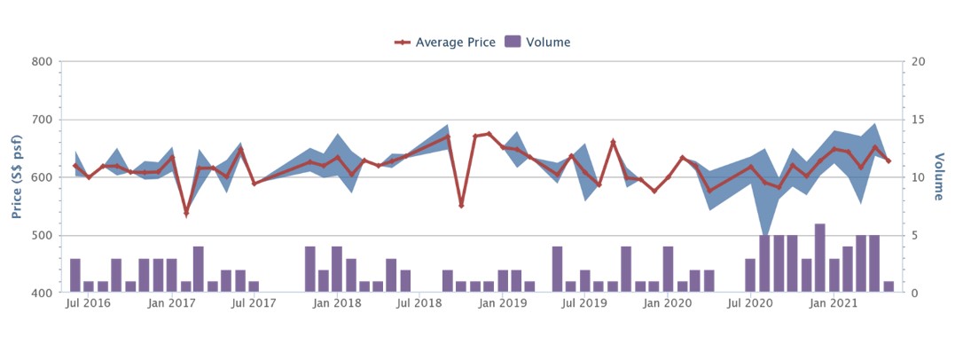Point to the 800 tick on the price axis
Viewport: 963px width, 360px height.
43,62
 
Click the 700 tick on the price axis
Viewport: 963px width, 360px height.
43,120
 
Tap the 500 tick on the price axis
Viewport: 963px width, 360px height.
43,235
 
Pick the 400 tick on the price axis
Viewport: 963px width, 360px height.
43,293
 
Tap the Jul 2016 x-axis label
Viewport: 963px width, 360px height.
89,304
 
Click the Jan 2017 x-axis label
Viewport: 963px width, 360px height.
172,304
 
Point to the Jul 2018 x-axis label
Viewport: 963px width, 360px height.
420,304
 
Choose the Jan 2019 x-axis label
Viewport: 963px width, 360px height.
503,304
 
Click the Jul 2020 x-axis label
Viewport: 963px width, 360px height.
751,304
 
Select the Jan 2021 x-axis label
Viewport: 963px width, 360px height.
834,304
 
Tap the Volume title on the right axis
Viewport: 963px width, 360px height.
939,177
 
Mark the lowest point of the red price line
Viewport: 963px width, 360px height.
186,213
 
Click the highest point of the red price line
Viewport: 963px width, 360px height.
489,134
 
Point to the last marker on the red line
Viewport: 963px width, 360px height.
889,160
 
